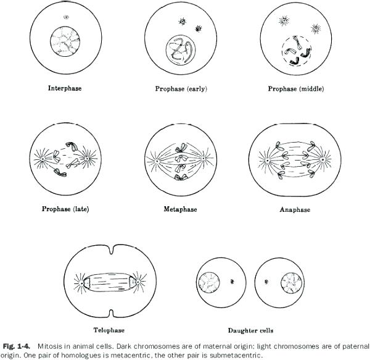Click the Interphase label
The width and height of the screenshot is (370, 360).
click(x=65, y=88)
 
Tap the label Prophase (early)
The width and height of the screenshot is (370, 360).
click(x=181, y=89)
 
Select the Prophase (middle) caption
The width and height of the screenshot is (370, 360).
click(x=295, y=89)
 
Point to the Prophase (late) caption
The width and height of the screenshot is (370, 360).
click(x=65, y=208)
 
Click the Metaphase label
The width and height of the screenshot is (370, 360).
click(x=180, y=209)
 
